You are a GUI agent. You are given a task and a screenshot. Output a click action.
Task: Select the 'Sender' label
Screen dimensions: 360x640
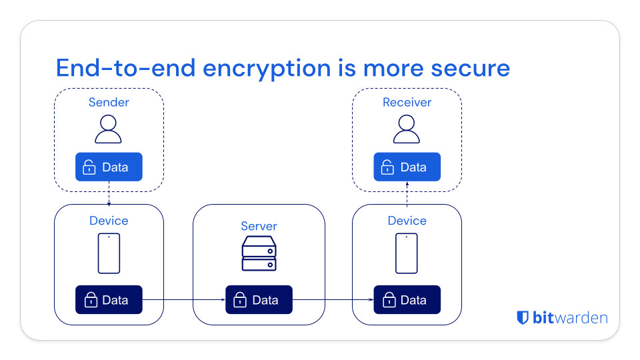click(109, 102)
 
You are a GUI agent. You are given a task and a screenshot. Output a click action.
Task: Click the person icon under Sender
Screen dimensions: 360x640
click(109, 129)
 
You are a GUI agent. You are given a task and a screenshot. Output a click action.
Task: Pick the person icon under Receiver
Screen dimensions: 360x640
click(407, 129)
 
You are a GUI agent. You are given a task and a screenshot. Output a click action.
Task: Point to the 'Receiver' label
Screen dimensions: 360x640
click(407, 102)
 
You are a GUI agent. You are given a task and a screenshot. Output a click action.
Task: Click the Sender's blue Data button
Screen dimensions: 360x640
click(109, 167)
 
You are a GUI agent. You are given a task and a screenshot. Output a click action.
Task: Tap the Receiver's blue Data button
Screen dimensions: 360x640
click(407, 167)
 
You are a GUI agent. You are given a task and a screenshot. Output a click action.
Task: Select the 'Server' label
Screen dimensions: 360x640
click(259, 226)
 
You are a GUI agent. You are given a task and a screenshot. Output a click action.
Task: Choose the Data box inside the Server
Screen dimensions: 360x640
click(259, 300)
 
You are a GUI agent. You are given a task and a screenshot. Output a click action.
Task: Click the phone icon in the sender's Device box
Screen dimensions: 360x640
click(109, 253)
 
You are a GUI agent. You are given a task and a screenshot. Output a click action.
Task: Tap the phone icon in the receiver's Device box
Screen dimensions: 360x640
click(407, 253)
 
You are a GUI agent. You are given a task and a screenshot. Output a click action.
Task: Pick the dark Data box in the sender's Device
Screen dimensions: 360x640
click(109, 300)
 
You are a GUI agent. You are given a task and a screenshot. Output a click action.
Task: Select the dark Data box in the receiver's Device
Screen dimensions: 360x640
click(407, 300)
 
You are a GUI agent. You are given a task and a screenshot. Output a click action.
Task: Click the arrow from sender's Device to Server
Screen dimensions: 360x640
click(184, 300)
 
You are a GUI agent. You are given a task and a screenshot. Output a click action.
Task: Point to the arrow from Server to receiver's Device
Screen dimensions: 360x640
click(333, 300)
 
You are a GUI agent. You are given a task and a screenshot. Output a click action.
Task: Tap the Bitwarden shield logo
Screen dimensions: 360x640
click(523, 317)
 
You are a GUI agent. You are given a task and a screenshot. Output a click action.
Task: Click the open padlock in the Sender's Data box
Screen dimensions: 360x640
click(89, 167)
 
